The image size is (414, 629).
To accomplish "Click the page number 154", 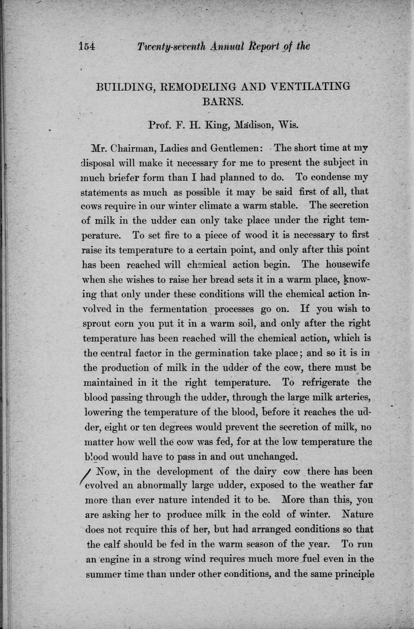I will pyautogui.click(x=86, y=46).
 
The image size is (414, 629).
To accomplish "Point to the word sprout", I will pyautogui.click(x=97, y=324).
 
